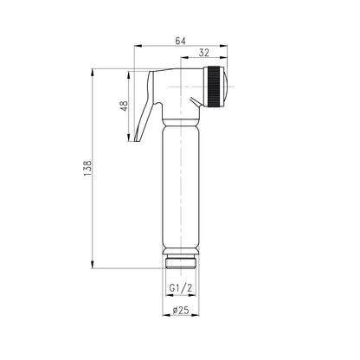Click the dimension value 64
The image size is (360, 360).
181,41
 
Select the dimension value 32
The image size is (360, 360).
204,53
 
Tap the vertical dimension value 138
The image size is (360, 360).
87,169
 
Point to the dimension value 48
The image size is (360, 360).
124,106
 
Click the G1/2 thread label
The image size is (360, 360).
181,288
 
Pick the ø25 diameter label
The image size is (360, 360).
181,311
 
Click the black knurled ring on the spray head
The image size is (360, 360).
213,87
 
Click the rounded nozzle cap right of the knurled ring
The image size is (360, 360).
226,87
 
